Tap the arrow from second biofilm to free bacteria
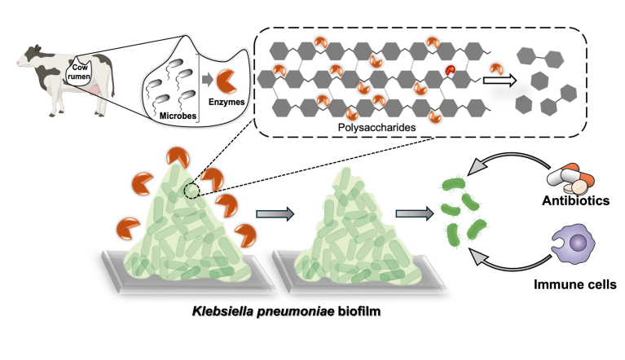coord(413,214)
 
